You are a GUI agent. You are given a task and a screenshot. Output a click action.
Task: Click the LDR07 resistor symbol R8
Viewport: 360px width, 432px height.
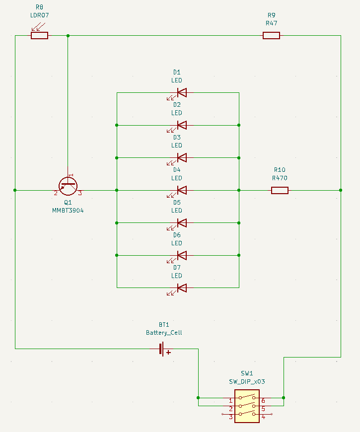[x=39, y=35]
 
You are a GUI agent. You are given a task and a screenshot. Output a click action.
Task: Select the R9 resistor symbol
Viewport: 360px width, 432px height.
[x=271, y=35]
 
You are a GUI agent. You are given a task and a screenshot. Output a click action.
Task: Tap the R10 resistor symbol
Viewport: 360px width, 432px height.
[x=280, y=190]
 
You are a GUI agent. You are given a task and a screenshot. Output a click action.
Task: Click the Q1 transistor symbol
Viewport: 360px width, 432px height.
[x=68, y=186]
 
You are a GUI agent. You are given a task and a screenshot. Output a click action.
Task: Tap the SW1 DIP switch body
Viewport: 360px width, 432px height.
[x=247, y=407]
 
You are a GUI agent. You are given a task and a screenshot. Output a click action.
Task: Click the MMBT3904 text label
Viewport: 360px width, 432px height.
[x=69, y=211]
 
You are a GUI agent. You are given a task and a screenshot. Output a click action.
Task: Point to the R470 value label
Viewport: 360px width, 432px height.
[x=280, y=178]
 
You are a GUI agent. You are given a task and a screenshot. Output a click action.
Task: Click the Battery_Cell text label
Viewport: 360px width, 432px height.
[x=164, y=333]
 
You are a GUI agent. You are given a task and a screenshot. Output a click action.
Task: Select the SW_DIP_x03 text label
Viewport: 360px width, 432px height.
[x=247, y=381]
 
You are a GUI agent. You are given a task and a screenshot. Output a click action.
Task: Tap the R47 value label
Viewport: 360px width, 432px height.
[x=271, y=23]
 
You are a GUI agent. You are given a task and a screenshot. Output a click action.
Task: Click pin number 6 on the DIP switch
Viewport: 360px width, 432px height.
[x=263, y=401]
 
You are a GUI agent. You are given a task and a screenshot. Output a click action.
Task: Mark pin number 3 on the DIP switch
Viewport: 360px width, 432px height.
[x=230, y=418]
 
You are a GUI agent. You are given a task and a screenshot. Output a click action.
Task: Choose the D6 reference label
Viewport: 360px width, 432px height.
[x=177, y=235]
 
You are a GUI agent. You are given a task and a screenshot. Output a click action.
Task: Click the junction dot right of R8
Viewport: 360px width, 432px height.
[x=68, y=35]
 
